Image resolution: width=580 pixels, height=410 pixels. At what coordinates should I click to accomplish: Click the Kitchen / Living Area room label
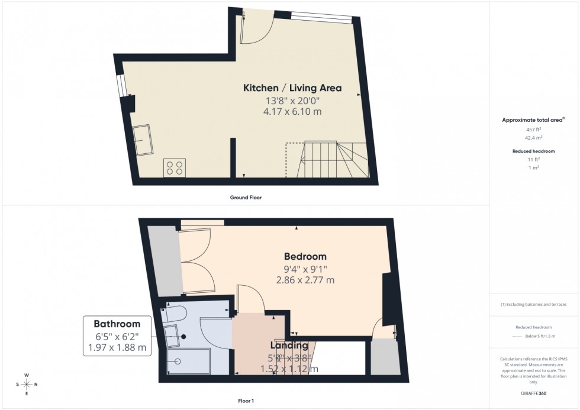[292, 88]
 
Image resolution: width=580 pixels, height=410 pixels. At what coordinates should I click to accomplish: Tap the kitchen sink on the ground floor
[141, 140]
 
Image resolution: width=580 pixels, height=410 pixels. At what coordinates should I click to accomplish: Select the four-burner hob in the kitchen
[175, 168]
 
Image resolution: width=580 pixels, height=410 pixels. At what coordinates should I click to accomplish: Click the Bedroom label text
[305, 257]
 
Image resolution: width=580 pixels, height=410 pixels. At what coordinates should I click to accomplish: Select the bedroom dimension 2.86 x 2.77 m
[305, 280]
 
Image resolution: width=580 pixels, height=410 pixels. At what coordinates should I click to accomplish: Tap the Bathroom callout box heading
[117, 324]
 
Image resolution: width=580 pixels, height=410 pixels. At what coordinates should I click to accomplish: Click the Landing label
[289, 346]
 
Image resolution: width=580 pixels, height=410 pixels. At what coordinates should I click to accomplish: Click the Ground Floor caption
[245, 198]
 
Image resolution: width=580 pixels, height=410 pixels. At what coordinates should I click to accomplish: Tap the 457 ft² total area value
[533, 130]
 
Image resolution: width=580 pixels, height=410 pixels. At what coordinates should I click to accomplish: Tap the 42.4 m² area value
[533, 138]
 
